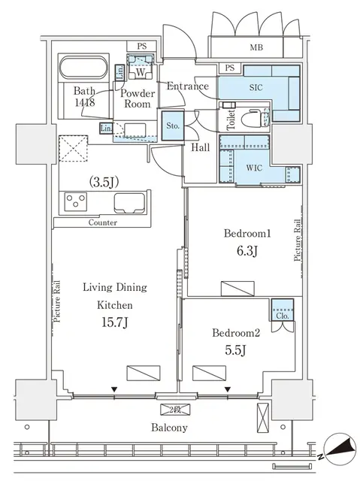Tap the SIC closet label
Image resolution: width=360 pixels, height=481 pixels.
point(256,87)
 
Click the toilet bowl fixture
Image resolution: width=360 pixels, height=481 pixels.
point(253,119)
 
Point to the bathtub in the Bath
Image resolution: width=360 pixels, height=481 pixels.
point(83,69)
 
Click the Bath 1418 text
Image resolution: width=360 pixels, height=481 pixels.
point(84,98)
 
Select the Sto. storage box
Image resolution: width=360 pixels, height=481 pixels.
point(173,126)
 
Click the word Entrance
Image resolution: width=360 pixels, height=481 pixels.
point(187,86)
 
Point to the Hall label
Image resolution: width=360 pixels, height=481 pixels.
point(200,148)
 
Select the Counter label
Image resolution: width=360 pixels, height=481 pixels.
point(103,222)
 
